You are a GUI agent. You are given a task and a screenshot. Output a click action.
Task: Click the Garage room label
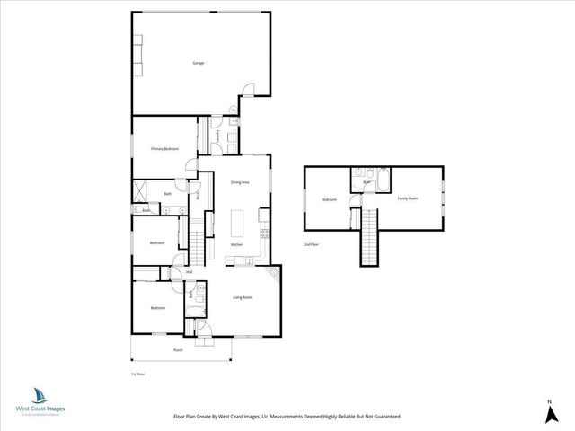pos(198,63)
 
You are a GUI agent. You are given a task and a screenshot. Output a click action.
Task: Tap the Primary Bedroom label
pos(164,148)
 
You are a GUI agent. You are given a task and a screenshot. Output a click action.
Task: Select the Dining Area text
pos(239,182)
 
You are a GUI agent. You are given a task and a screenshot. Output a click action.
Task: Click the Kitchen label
pos(237,244)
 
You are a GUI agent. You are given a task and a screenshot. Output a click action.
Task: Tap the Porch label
pos(178,350)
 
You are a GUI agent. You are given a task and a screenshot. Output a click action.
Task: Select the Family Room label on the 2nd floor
pos(408,198)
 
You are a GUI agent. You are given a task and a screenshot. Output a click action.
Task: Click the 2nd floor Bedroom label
pos(329,199)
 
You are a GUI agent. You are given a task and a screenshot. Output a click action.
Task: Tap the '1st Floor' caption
pos(137,373)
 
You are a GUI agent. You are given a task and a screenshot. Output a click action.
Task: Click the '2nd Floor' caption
pos(312,243)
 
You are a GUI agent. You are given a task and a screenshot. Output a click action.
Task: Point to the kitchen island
pos(239,222)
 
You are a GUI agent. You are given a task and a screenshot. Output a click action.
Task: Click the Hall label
pos(189,271)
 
